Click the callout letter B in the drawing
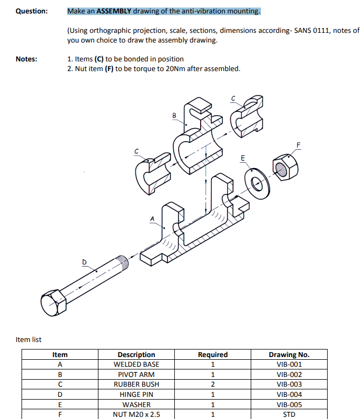(x=174, y=115)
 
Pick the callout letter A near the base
(x=152, y=218)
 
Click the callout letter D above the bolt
(x=84, y=262)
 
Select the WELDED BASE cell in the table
(x=136, y=365)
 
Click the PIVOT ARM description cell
(x=136, y=375)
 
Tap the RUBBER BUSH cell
(x=136, y=385)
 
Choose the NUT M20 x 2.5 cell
(x=136, y=415)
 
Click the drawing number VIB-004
(x=289, y=395)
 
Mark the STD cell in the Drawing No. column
(x=289, y=415)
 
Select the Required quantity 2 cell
(x=213, y=385)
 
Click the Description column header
(x=136, y=354)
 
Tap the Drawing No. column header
(x=289, y=354)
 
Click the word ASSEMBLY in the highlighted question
(x=114, y=11)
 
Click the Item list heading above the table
(x=29, y=339)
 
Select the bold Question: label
(x=31, y=11)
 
